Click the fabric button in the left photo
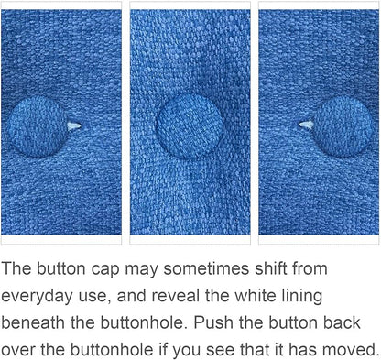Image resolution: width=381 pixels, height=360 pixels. pyautogui.click(x=37, y=126)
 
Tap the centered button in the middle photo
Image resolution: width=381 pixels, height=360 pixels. pyautogui.click(x=190, y=125)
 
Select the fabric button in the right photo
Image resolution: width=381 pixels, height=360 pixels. pyautogui.click(x=343, y=126)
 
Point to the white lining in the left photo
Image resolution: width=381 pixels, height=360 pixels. pyautogui.click(x=74, y=125)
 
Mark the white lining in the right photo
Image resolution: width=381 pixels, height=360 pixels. pyautogui.click(x=306, y=125)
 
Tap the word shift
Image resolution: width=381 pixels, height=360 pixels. pyautogui.click(x=271, y=268)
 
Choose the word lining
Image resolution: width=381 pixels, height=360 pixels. pyautogui.click(x=301, y=296)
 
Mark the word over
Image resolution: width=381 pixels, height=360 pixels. pyautogui.click(x=18, y=350)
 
